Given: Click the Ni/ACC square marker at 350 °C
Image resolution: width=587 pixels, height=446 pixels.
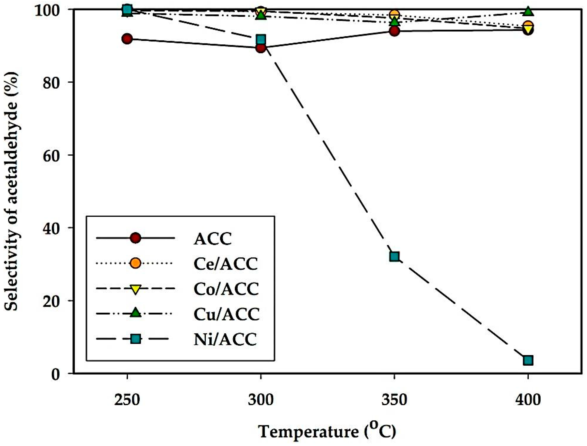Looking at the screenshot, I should click(x=394, y=257).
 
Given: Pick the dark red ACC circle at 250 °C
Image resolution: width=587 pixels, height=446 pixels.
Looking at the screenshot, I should click(x=127, y=39).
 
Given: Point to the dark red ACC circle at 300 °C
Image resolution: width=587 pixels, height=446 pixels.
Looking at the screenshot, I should click(x=261, y=48).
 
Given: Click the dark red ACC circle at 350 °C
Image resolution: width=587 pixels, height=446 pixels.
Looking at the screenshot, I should click(x=394, y=31).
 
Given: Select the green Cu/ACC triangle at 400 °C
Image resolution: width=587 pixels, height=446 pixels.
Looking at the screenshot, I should click(x=528, y=12).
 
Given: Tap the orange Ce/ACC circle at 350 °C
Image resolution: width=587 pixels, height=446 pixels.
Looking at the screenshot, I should click(x=394, y=15).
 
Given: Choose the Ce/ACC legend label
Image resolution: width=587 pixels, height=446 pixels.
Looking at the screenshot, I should click(x=226, y=264).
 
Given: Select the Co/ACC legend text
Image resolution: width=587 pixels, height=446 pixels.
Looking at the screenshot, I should click(x=226, y=289).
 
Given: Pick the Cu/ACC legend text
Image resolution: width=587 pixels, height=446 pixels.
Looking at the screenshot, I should click(x=226, y=314).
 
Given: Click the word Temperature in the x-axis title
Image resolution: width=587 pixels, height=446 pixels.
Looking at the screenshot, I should click(x=308, y=431).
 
